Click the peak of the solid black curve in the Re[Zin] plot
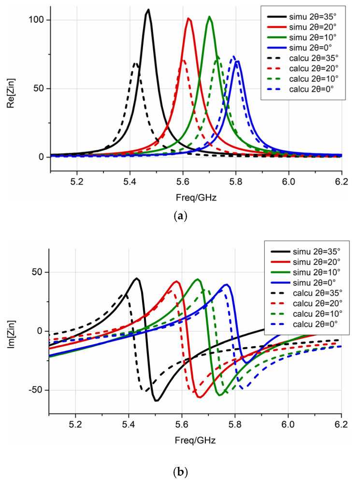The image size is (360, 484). tap(148, 10)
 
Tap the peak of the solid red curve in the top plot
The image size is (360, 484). tap(189, 19)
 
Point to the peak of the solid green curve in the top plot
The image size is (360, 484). tap(209, 17)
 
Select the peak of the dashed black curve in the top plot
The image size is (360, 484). tap(136, 63)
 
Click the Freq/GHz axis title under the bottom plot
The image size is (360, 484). tap(195, 440)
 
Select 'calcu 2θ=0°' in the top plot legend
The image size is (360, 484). tap(309, 89)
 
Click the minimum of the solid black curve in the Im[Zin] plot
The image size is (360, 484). tap(157, 401)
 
